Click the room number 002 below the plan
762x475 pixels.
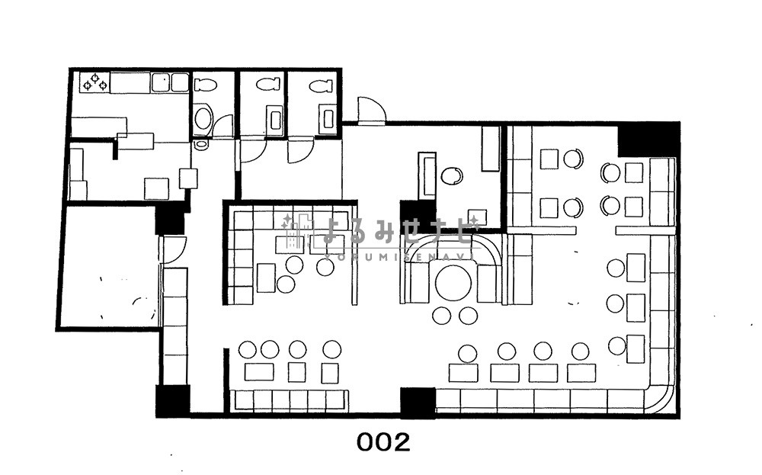(x=383, y=442)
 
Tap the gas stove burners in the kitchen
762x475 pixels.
(x=95, y=82)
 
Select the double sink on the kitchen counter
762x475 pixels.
(x=170, y=82)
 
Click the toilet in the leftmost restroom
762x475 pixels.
(x=205, y=85)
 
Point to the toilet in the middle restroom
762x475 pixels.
(x=268, y=84)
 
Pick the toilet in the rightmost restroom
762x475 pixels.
(x=322, y=85)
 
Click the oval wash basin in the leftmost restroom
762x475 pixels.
(x=203, y=118)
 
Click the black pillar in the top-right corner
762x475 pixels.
(x=648, y=140)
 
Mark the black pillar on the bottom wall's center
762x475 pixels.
(x=418, y=402)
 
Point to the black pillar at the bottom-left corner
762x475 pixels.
(x=172, y=400)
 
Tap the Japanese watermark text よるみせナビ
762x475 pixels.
(x=398, y=230)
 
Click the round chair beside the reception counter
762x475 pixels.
(x=452, y=176)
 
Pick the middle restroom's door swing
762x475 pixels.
(x=253, y=150)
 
